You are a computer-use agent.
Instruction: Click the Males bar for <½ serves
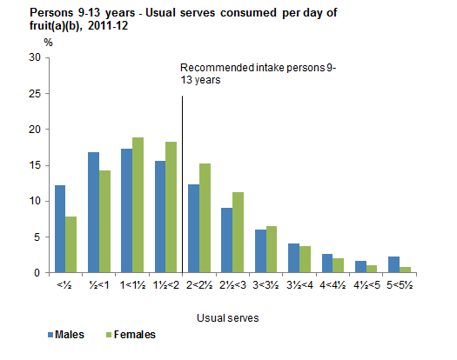60,229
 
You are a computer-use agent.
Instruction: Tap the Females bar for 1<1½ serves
137,205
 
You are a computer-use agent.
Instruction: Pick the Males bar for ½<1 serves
93,212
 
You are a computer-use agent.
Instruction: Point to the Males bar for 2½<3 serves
226,240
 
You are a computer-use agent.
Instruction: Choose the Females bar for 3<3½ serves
271,250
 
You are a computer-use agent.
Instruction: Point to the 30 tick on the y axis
35,57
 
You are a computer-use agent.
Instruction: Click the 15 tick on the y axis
35,165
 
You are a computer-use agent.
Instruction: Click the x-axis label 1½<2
165,284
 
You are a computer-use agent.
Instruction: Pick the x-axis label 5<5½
400,284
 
